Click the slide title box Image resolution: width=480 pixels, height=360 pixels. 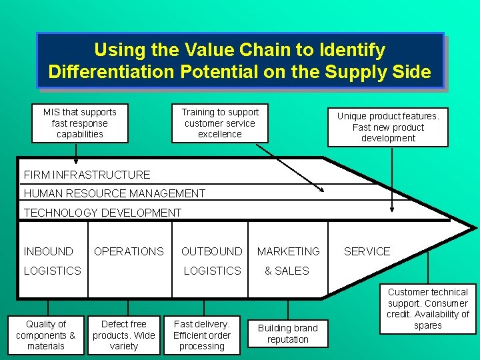240,61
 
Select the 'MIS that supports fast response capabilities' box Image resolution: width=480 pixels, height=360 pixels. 79,123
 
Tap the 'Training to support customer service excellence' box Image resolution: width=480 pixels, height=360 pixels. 220,123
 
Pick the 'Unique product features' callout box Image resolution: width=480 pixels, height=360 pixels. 388,127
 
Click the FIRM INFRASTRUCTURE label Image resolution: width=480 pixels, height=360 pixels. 87,175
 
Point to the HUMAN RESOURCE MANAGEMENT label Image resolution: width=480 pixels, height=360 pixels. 115,193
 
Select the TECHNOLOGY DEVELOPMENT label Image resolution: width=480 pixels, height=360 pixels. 103,213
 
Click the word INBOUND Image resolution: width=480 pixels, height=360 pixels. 49,251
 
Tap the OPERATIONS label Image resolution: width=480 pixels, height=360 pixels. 129,251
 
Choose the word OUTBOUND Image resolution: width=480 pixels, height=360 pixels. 212,251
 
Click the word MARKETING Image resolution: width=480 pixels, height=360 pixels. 289,251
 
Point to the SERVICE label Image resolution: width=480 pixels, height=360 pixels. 367,251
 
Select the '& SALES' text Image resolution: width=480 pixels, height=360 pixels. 287,271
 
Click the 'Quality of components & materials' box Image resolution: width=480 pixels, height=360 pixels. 46,335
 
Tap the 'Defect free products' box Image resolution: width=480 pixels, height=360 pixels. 124,335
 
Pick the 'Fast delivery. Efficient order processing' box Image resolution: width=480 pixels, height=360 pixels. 202,335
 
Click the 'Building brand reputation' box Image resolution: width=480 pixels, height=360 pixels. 288,333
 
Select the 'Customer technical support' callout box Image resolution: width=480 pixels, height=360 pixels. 428,309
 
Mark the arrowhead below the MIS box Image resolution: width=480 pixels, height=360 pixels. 76,161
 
